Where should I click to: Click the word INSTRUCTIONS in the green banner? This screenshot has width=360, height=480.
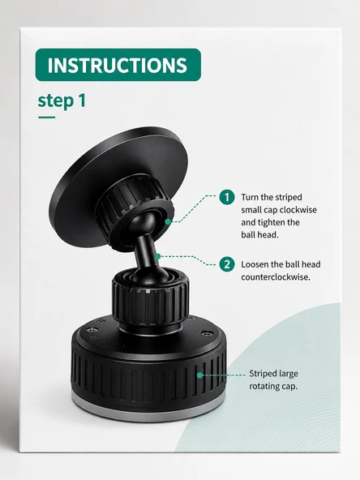point(118,65)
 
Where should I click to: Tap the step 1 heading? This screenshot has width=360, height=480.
point(62,101)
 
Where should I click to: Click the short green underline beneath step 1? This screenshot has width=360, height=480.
point(46,118)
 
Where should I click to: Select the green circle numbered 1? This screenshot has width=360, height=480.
point(227,197)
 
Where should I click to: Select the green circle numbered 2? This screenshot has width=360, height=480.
point(227,264)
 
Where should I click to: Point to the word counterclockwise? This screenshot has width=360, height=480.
point(276,277)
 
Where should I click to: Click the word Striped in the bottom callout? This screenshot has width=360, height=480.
point(260,374)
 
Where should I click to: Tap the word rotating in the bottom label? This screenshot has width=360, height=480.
point(263,386)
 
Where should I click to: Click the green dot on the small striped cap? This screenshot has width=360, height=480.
point(168,221)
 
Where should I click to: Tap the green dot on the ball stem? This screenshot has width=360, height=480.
point(157,256)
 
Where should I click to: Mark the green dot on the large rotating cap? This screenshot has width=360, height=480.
point(200,375)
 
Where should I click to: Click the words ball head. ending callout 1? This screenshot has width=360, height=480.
point(259,235)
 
